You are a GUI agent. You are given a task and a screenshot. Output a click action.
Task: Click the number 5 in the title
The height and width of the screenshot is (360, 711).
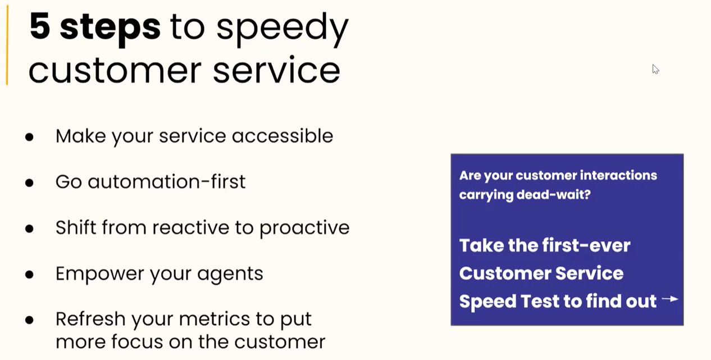tap(39, 26)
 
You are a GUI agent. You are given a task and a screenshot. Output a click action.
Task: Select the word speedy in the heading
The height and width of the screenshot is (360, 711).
tap(282, 28)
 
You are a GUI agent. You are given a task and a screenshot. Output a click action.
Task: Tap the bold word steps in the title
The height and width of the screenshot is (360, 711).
tap(110, 26)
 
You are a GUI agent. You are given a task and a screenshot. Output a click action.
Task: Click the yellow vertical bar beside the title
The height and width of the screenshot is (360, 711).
tap(7, 48)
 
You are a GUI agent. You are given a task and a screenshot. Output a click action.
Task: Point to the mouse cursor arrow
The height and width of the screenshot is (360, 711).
tap(655, 69)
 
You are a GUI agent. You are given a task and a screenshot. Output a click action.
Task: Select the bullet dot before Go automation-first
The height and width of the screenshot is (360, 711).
tap(29, 183)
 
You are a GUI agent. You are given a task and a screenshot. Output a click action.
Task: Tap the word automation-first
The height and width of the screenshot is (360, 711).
tap(166, 182)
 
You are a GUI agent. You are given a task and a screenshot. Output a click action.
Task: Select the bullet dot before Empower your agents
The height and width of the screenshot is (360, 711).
tap(29, 275)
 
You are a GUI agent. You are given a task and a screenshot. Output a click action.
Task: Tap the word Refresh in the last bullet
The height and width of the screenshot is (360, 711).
tap(90, 319)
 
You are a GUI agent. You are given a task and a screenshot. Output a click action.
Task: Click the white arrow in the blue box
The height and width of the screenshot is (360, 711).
tap(670, 299)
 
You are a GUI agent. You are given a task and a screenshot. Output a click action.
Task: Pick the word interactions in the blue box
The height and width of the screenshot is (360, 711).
tap(614, 175)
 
